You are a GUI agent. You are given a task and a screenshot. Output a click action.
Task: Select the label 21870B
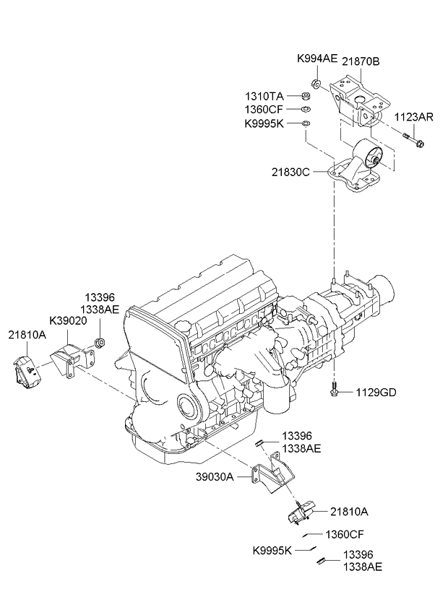click(x=361, y=62)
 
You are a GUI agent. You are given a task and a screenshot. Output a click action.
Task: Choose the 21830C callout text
click(x=292, y=173)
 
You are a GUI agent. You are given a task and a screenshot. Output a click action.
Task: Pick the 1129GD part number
click(x=375, y=393)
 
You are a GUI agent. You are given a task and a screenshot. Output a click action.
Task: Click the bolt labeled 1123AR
click(x=414, y=137)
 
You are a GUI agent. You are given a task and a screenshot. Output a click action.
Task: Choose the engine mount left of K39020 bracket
click(x=26, y=370)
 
